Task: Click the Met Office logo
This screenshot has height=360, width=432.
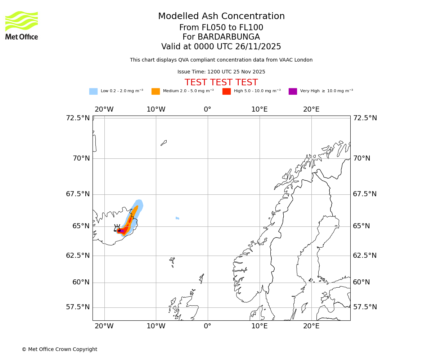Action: pyautogui.click(x=22, y=25)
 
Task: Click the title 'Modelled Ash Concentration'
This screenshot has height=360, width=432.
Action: pyautogui.click(x=221, y=17)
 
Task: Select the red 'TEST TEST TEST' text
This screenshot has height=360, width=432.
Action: pyautogui.click(x=221, y=83)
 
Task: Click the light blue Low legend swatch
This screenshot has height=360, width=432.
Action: pyautogui.click(x=93, y=91)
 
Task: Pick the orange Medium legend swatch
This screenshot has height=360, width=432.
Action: pyautogui.click(x=156, y=91)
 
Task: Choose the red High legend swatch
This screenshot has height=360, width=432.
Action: pyautogui.click(x=226, y=91)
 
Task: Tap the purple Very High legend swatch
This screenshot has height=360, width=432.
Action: pyautogui.click(x=293, y=91)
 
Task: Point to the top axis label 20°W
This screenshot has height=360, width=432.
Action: pyautogui.click(x=104, y=109)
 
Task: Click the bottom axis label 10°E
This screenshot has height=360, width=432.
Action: pyautogui.click(x=259, y=326)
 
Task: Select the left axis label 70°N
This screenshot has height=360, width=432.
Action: pyautogui.click(x=81, y=158)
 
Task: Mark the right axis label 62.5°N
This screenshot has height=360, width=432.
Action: pyautogui.click(x=365, y=256)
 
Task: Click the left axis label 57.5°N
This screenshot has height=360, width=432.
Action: pyautogui.click(x=78, y=307)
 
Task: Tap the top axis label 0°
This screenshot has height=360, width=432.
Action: pyautogui.click(x=207, y=109)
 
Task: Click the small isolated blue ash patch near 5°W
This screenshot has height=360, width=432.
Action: pyautogui.click(x=177, y=218)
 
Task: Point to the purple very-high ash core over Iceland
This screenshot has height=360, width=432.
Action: pyautogui.click(x=122, y=231)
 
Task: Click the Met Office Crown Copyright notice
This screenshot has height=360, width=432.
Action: pyautogui.click(x=59, y=349)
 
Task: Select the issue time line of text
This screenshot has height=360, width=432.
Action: pyautogui.click(x=221, y=72)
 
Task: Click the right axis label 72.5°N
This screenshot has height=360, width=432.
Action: pyautogui.click(x=365, y=118)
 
